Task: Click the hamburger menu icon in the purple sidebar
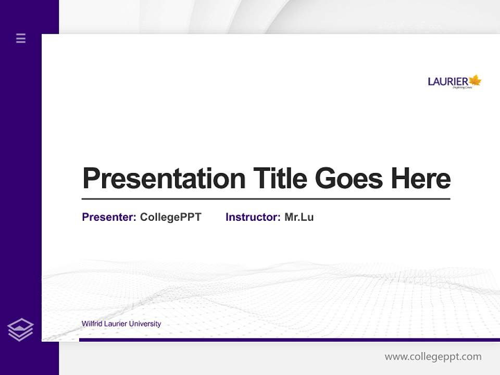point(21,38)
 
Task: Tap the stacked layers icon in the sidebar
point(20,330)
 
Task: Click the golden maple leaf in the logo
point(475,80)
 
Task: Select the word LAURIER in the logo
point(448,82)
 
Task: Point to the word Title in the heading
point(280,178)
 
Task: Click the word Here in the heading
point(420,178)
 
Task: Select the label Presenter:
point(109,217)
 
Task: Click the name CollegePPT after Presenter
point(170,217)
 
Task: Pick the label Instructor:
point(253,217)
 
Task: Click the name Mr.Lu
point(299,217)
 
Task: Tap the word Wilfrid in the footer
point(92,324)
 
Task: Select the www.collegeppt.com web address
point(433,357)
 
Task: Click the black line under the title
point(266,199)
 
